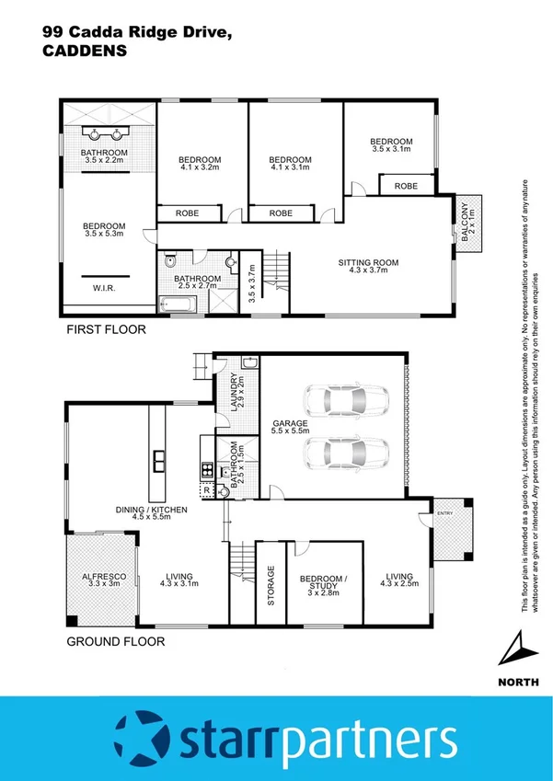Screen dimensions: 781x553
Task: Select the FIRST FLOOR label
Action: pyautogui.click(x=105, y=328)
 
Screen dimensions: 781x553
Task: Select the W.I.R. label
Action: pyautogui.click(x=104, y=288)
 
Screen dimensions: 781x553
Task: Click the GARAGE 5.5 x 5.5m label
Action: pyautogui.click(x=290, y=426)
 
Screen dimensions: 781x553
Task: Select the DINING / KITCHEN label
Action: pyautogui.click(x=151, y=510)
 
